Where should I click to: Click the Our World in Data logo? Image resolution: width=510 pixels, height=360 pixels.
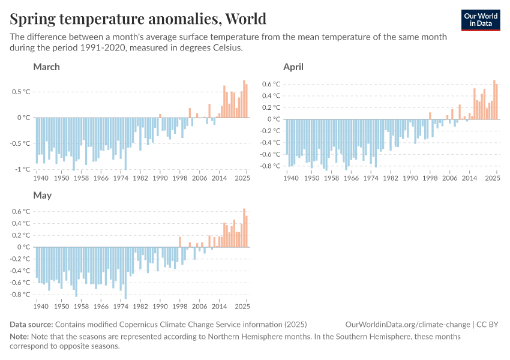[x=481, y=20]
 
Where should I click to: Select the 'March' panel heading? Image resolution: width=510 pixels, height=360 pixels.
[x=46, y=67]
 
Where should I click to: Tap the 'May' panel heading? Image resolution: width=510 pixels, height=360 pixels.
[x=42, y=196]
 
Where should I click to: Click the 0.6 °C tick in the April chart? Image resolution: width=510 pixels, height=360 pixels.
[x=271, y=84]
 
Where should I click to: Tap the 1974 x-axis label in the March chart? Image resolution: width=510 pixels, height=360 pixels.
[x=121, y=178]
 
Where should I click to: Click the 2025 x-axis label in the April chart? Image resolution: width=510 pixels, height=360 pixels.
[x=493, y=178]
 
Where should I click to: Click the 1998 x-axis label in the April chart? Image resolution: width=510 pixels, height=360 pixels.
[x=430, y=178]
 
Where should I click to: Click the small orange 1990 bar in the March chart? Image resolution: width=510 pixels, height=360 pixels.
[x=160, y=116]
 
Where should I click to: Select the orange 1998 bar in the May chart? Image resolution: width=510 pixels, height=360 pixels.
[x=179, y=242]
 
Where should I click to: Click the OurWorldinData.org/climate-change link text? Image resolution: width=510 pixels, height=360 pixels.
[x=408, y=325]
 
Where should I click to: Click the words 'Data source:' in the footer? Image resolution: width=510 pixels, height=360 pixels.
[x=31, y=325]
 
